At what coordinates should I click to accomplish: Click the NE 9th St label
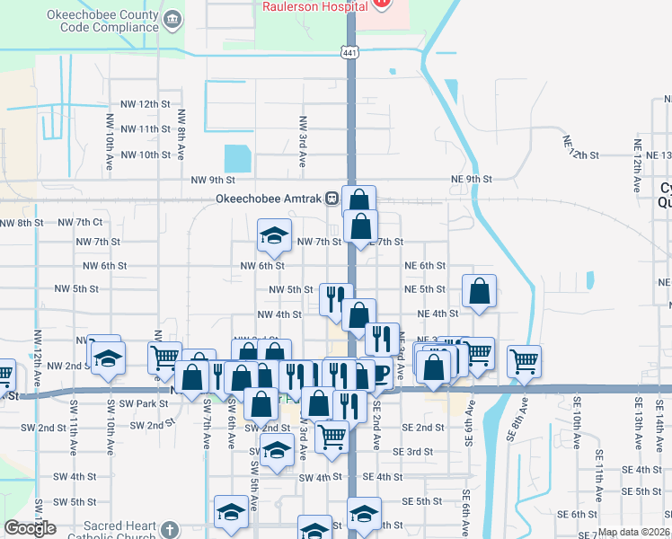click(471, 180)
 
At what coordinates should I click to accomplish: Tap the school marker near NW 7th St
click(274, 235)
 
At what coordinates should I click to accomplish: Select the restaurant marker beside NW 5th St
click(336, 298)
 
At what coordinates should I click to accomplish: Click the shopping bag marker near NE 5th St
click(480, 291)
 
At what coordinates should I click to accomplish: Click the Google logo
click(30, 528)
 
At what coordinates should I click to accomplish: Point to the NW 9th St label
click(213, 180)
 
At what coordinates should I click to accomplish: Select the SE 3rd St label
click(424, 451)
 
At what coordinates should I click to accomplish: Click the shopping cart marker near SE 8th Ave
click(525, 361)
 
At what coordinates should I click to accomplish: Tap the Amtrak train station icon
click(332, 199)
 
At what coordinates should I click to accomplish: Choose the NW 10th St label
click(145, 155)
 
